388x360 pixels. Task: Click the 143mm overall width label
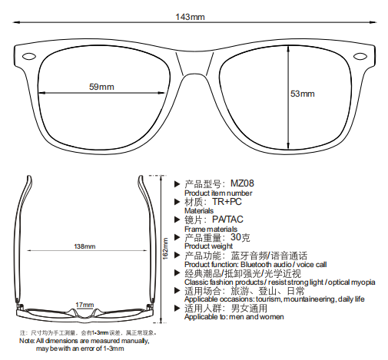tap(190, 17)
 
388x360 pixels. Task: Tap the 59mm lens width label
tap(101, 87)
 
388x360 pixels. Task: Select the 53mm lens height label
tap(303, 94)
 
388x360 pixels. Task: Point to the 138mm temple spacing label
tap(85, 246)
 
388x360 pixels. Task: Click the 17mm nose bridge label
tap(85, 305)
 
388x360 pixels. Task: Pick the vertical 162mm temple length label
tap(165, 249)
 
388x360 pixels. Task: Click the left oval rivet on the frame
tap(29, 56)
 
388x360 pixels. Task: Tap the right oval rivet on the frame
tap(360, 56)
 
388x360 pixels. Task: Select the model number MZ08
tap(242, 183)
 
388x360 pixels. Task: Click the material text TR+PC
tap(227, 202)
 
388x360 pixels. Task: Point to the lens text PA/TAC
tap(227, 220)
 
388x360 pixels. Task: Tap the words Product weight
tap(208, 246)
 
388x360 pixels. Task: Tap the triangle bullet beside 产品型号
tap(177, 184)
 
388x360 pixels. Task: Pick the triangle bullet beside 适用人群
tap(177, 309)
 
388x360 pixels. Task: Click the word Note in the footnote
tap(27, 341)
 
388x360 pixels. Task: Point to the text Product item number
tap(218, 193)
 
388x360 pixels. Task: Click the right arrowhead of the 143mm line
tap(373, 22)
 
